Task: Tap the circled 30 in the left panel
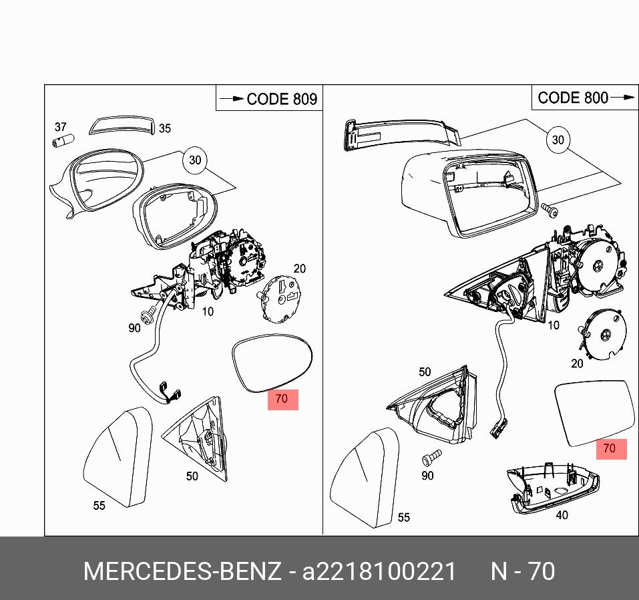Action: point(194,160)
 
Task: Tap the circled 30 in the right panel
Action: point(558,140)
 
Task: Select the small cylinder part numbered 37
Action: point(63,142)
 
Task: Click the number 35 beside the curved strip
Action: point(164,128)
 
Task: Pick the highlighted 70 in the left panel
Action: point(282,399)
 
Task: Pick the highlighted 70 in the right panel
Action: point(609,448)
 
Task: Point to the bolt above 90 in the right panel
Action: point(431,458)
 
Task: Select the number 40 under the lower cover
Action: point(562,516)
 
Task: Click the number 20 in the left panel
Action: point(299,269)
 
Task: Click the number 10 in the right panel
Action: point(553,325)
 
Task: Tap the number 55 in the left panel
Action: point(99,506)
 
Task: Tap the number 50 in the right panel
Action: point(425,371)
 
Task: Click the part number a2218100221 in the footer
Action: point(380,572)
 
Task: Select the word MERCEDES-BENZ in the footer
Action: point(182,572)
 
